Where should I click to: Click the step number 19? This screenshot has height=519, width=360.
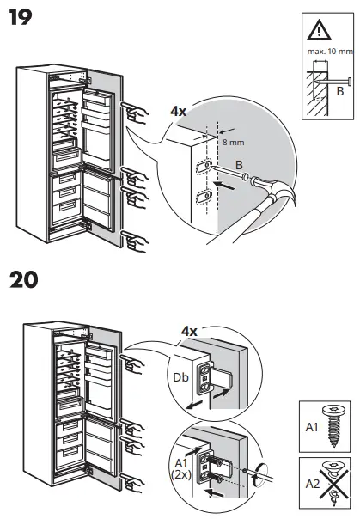coord(22,16)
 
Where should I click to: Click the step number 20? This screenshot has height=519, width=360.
coord(26,281)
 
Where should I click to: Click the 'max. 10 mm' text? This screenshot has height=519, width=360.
coord(327,52)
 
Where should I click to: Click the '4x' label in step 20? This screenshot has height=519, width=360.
coord(191,330)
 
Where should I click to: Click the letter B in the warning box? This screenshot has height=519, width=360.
coord(339,89)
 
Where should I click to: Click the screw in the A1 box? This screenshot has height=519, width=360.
coord(332,424)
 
